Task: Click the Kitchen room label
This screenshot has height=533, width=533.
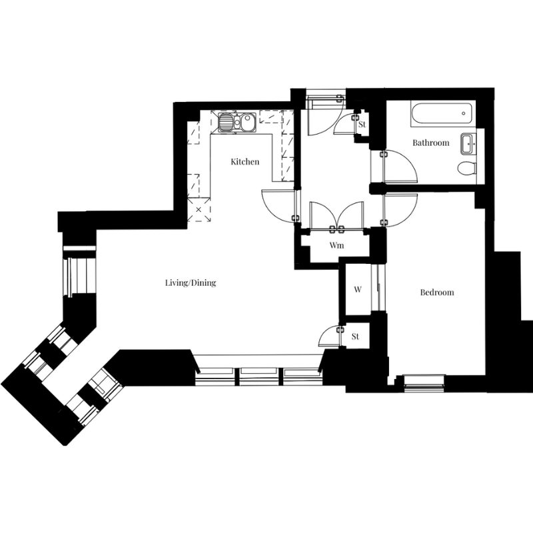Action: coord(245,161)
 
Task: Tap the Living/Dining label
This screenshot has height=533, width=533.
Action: coord(191,282)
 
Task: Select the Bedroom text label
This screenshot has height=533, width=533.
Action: coord(437,292)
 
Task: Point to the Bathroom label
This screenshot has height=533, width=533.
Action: coord(430,143)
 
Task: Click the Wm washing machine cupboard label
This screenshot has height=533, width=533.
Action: coord(336,245)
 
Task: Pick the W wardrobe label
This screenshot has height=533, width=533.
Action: coord(358,289)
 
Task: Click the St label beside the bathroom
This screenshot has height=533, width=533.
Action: coord(362,125)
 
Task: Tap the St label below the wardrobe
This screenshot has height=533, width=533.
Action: coord(355,336)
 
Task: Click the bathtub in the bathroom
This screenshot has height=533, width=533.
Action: coord(441,114)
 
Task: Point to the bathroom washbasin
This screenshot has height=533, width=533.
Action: coord(468,144)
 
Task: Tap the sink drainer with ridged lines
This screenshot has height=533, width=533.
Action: coord(225,122)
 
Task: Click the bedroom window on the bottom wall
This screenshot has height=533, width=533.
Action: coord(424,380)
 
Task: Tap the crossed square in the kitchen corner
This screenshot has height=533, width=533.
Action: coord(199,210)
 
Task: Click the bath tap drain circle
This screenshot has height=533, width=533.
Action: coord(463,113)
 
